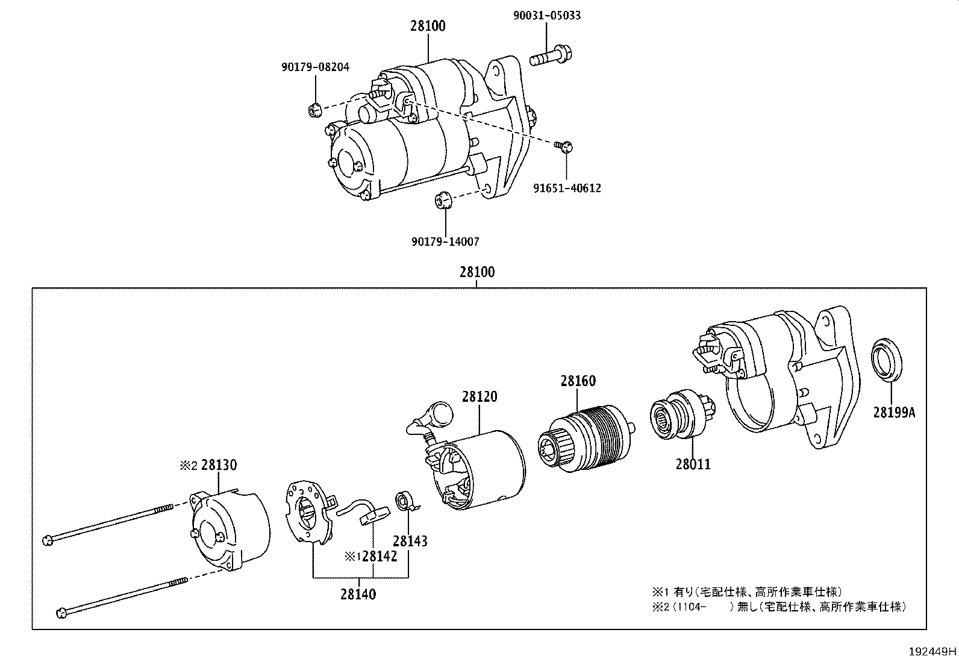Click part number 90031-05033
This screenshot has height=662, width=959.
click(547, 16)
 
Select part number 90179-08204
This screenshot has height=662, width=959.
click(315, 67)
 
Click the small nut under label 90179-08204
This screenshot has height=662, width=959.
click(313, 110)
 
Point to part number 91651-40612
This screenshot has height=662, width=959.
click(567, 189)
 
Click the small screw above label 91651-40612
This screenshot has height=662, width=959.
click(565, 146)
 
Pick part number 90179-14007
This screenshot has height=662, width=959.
click(446, 242)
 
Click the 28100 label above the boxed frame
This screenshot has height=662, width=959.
click(477, 272)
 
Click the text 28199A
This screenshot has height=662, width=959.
click(894, 412)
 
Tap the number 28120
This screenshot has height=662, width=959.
click(480, 397)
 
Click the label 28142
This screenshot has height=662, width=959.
click(380, 557)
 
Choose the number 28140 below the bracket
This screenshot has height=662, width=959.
click(358, 595)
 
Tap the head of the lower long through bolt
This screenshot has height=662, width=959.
click(61, 613)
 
